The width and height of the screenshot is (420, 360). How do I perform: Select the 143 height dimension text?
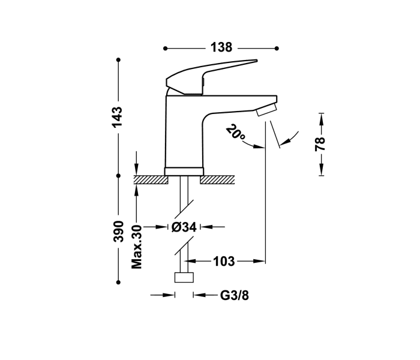click(x=118, y=116)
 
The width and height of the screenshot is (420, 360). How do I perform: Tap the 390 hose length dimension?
click(x=118, y=230)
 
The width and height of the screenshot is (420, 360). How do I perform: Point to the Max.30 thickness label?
click(x=137, y=246)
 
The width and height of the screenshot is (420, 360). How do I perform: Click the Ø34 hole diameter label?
click(x=184, y=227)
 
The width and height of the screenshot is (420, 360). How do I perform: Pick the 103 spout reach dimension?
click(x=223, y=261)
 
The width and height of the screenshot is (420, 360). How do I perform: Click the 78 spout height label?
click(x=320, y=143)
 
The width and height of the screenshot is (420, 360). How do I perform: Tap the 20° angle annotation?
click(x=236, y=133)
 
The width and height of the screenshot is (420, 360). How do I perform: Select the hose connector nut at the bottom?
click(x=184, y=277)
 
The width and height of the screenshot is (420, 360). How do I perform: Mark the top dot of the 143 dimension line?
click(x=118, y=59)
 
